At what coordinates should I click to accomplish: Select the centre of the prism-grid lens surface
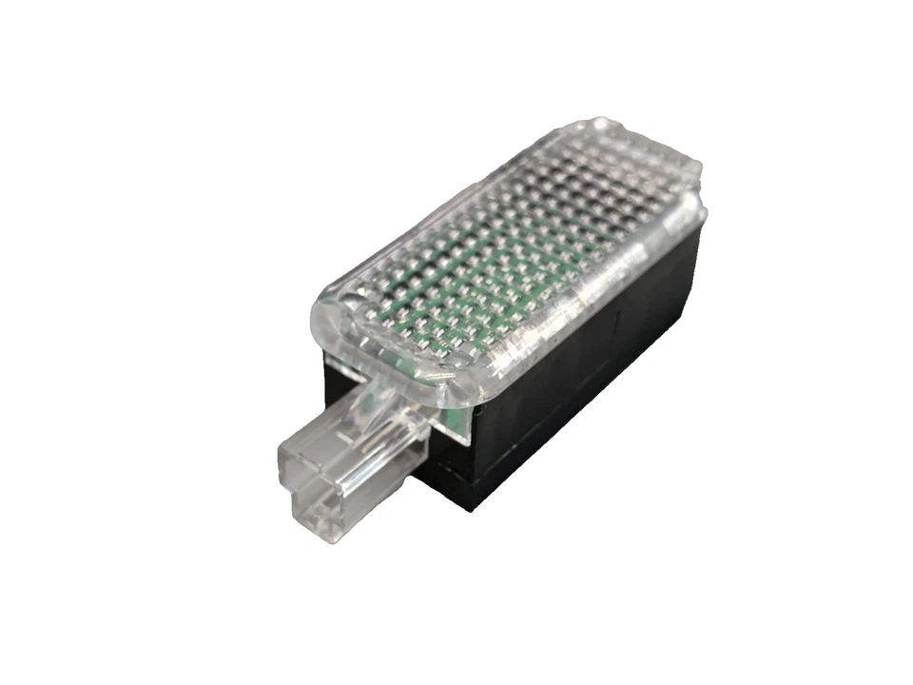click(504, 247)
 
